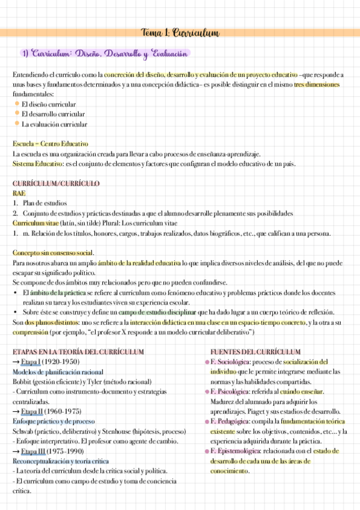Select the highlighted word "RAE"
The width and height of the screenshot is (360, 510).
(x=19, y=193)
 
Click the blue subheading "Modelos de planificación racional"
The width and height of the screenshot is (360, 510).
(x=57, y=372)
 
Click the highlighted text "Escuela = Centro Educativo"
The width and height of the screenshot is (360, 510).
(x=50, y=144)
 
